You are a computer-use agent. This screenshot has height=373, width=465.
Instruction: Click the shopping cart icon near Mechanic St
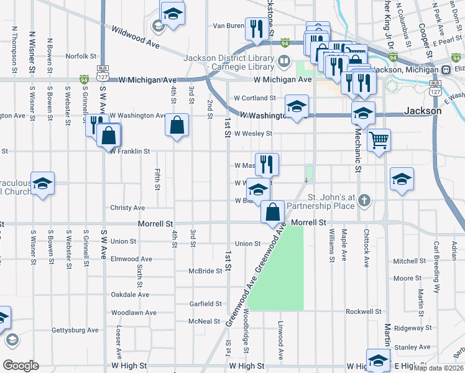click(x=379, y=139)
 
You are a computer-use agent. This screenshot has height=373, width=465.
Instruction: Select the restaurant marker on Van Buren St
click(x=256, y=29)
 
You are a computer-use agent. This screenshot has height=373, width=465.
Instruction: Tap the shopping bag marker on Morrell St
click(x=273, y=212)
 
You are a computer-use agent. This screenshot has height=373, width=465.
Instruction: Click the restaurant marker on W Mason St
click(x=267, y=164)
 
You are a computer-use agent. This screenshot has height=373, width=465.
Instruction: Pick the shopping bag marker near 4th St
click(x=177, y=124)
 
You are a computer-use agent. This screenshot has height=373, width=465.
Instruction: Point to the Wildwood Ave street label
click(x=136, y=37)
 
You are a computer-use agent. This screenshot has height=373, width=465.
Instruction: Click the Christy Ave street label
click(x=127, y=208)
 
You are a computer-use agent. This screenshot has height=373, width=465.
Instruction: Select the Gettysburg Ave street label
click(x=75, y=330)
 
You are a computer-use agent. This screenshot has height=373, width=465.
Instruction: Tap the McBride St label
click(x=205, y=271)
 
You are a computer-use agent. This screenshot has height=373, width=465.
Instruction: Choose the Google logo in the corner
click(x=21, y=366)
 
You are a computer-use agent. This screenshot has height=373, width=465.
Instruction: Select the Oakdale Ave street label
click(x=130, y=295)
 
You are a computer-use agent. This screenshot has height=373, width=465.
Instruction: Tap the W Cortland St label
click(x=254, y=98)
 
